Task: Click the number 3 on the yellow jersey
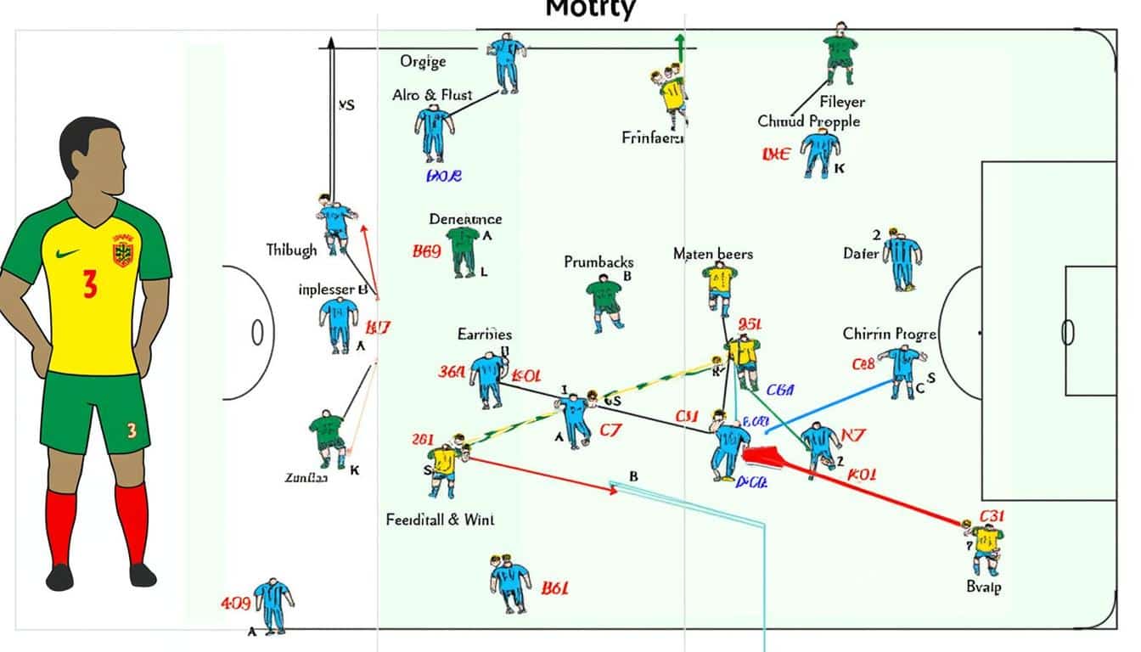90,284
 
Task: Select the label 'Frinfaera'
653,137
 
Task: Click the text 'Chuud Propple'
808,121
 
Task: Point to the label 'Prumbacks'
599,262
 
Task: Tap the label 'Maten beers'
713,254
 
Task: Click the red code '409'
235,604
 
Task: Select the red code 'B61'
554,587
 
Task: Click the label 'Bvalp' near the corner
984,587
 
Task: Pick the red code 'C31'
992,515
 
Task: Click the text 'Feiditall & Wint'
440,519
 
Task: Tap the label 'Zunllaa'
306,479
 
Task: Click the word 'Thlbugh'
291,250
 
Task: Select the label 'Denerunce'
465,219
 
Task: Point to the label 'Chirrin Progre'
889,334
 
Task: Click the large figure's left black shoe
59,577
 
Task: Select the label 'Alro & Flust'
432,95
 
